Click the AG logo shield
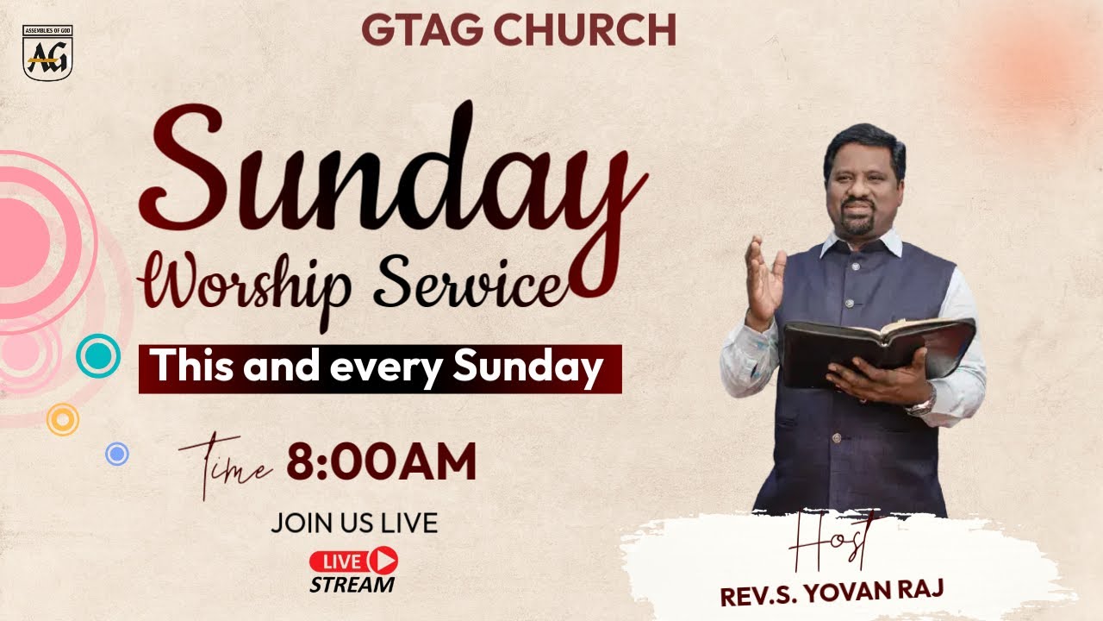47,54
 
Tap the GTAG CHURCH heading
519,30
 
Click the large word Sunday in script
392,168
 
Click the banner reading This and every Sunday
379,369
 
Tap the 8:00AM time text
381,463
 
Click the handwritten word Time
226,467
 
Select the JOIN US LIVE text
353,523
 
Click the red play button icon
383,561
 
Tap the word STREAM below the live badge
352,584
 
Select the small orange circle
63,419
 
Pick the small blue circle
117,454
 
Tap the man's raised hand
763,276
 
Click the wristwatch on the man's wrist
923,402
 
